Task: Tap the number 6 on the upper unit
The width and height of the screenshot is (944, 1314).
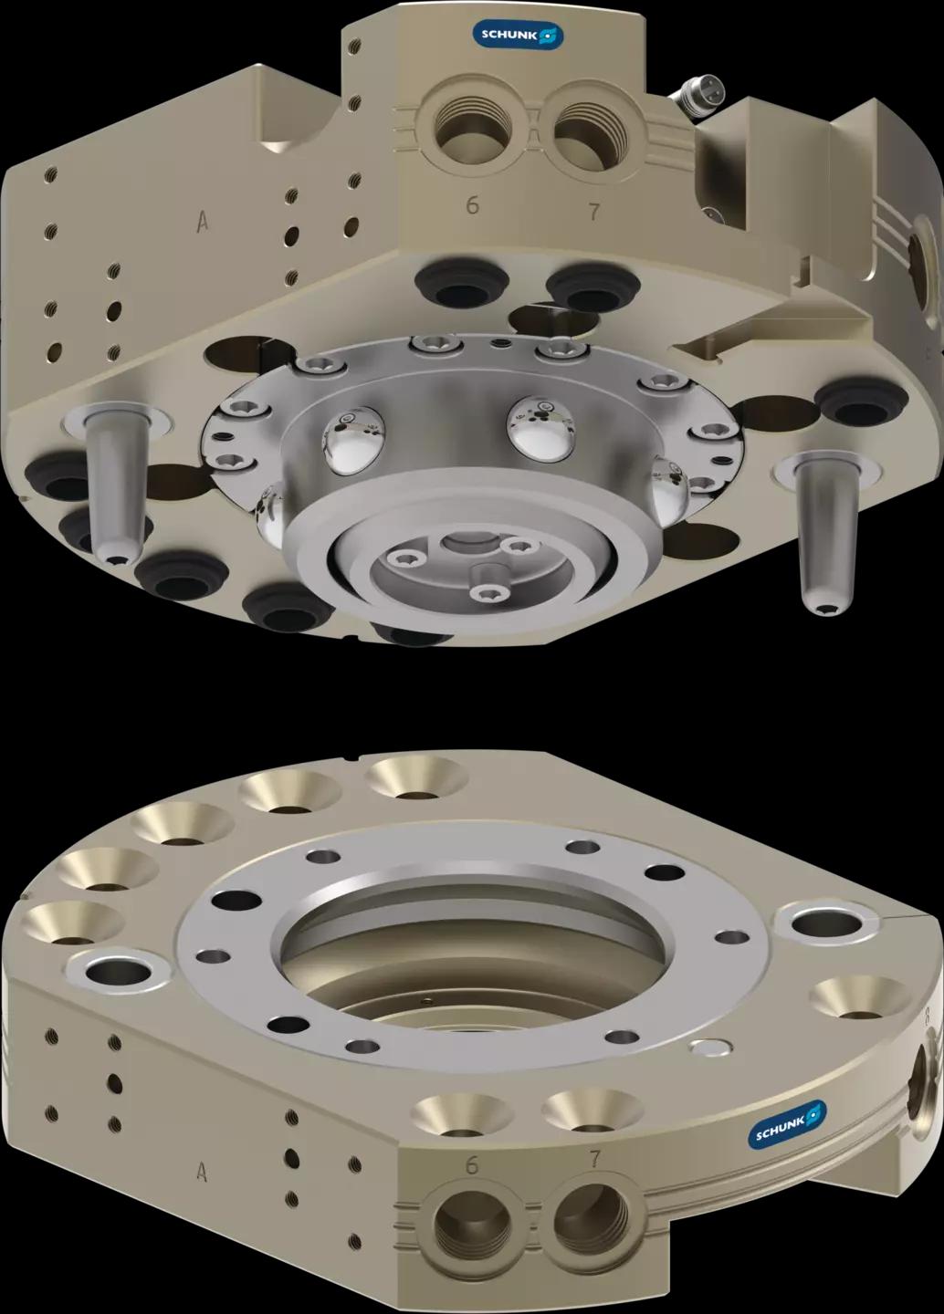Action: point(472,204)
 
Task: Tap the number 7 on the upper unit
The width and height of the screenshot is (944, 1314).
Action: point(594,211)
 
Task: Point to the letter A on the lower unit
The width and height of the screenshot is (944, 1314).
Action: point(202,1172)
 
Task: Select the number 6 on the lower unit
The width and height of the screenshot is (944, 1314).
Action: point(471,1163)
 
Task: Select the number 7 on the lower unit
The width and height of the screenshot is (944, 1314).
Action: point(594,1159)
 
